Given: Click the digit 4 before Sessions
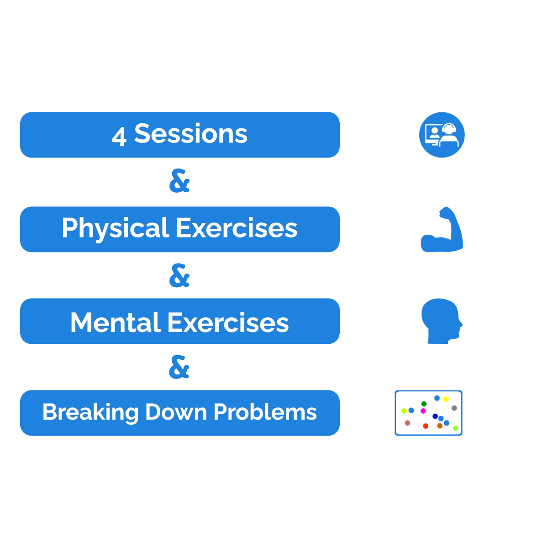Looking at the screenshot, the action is pos(119,137).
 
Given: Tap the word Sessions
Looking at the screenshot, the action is pos(191,134).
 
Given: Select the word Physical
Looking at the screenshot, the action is pos(116,229).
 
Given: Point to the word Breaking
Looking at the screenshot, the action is pos(90,413).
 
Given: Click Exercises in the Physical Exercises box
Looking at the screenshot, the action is pos(237,228).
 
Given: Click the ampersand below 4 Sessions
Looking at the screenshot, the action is pos(179,180).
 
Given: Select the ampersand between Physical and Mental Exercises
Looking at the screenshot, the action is pos(179,275).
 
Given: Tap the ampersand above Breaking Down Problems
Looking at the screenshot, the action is pos(179,367).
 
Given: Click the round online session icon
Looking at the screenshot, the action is pos(442,135).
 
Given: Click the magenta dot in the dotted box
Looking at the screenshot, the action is pos(423,411).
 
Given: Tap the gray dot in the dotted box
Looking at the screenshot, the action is pos(454,408).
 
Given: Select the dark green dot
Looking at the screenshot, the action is pos(424,404).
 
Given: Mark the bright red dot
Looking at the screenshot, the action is pos(426,426).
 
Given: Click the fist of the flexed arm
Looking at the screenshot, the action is pos(445,212).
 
